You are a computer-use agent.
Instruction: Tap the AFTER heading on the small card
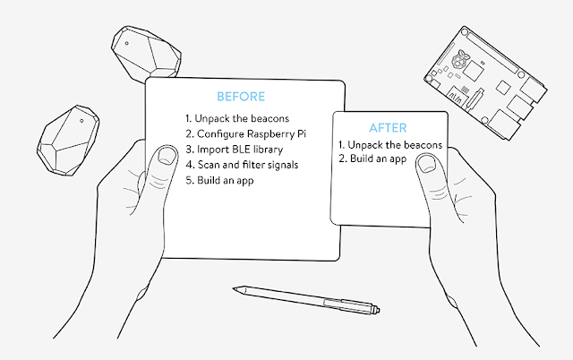click(x=389, y=127)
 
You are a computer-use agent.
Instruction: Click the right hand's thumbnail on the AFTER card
click(x=428, y=163)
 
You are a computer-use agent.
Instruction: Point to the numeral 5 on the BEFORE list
click(x=188, y=180)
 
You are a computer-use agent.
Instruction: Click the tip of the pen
click(x=235, y=288)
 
